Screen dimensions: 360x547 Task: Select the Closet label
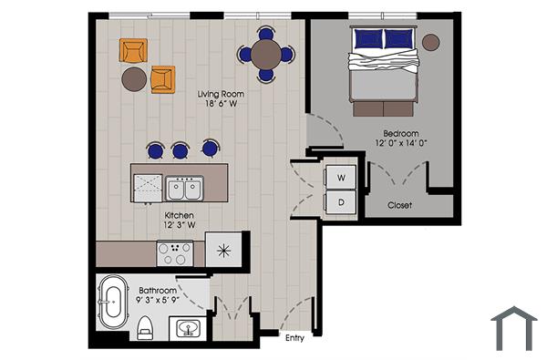point(399,205)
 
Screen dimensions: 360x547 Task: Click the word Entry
point(294,339)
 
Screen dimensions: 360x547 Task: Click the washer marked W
point(340,176)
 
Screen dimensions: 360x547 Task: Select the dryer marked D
point(340,201)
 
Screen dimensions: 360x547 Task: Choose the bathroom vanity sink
point(189,326)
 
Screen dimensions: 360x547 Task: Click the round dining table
point(265,54)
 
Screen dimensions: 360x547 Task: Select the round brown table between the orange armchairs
point(134,78)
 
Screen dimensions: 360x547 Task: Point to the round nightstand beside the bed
point(430,42)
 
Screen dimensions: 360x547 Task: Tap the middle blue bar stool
point(181,149)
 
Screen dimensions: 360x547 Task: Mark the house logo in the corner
point(513,328)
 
